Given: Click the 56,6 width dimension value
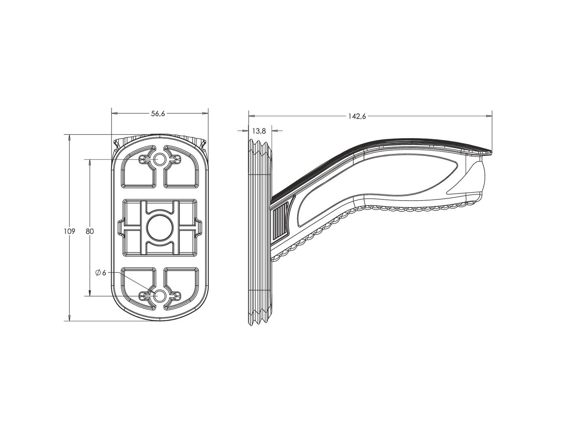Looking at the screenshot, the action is tap(158, 113).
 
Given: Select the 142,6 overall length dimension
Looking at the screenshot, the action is tap(357, 116).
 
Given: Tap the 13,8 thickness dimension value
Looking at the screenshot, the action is tap(259, 131).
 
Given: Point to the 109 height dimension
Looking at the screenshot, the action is tap(69, 231).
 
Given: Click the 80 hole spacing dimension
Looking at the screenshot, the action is tap(90, 231).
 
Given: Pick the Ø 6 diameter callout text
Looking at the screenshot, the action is tap(101, 273).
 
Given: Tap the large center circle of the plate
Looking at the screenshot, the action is tap(160, 227).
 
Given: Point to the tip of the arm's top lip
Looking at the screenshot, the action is tap(492, 153).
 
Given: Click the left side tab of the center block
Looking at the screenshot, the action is tap(120, 227).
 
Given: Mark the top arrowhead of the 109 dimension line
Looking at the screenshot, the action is tap(69, 138).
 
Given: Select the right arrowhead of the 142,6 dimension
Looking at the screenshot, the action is tap(488, 116).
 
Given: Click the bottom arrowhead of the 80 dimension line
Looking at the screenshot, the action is tap(90, 293).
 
